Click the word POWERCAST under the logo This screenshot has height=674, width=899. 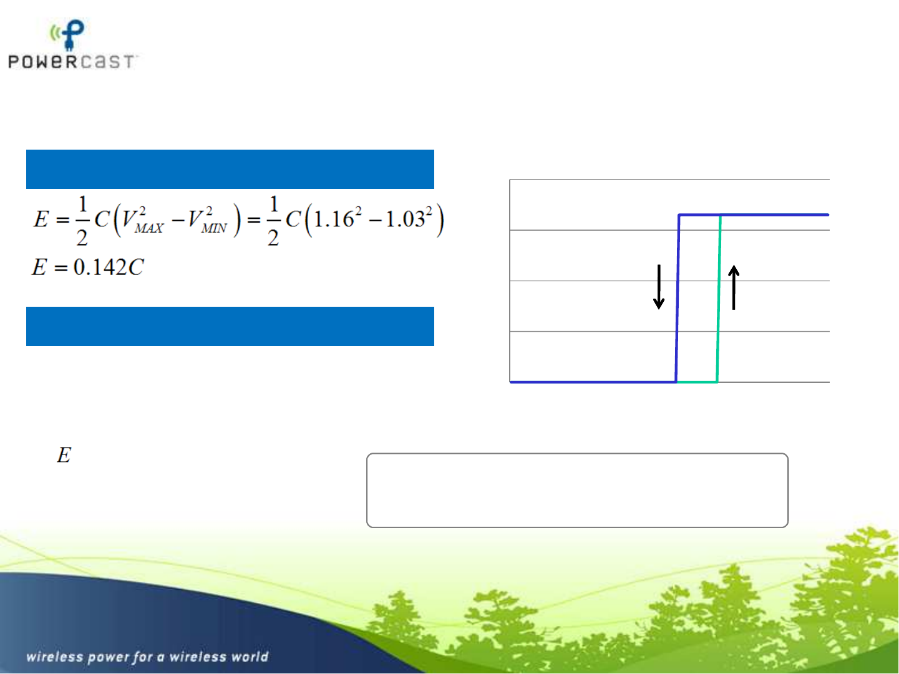(x=71, y=62)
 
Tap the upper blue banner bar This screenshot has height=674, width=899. (x=230, y=169)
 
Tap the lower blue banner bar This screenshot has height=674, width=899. (x=230, y=326)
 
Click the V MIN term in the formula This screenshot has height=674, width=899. (x=207, y=220)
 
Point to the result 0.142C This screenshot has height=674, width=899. (x=109, y=267)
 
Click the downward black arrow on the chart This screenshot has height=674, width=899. (x=659, y=287)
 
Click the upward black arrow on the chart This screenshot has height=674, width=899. (x=734, y=287)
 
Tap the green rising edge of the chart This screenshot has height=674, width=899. (x=718, y=298)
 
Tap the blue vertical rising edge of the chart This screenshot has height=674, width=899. (x=678, y=298)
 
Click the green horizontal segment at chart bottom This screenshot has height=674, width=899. (x=696, y=382)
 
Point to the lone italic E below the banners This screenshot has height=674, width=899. (x=64, y=455)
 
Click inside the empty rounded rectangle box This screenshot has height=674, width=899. (x=577, y=490)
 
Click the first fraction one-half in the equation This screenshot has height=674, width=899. (x=82, y=221)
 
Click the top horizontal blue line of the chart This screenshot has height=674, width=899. (x=754, y=214)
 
